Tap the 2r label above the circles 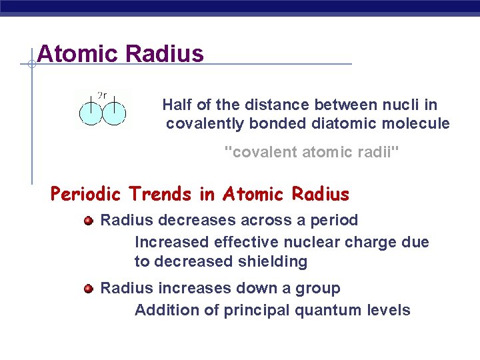103,95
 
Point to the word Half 177,105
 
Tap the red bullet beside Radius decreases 88,220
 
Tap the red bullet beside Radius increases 88,288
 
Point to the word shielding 272,262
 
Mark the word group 319,289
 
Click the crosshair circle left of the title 31,64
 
